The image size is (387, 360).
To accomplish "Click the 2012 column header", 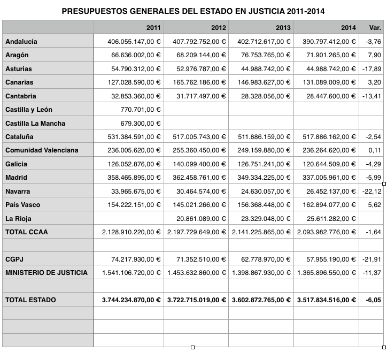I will pos(218,28).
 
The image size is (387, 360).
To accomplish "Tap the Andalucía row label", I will pos(21,41).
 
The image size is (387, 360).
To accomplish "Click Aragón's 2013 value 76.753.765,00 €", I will pos(262,55).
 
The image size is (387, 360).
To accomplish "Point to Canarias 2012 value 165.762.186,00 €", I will pos(197,82).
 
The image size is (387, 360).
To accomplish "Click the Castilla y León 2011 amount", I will pos(138,110).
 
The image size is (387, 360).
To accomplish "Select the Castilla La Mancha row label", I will pos(35,124).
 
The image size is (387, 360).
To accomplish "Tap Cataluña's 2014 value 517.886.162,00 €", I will pos(327,137).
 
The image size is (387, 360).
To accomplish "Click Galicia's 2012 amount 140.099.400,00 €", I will pos(197,164).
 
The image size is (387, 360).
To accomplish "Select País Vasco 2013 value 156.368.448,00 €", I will pos(262,205).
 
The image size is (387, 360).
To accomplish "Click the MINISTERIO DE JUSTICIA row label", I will pos(47,272).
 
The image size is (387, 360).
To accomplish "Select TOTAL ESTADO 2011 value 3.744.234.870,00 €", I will pos(131,300).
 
